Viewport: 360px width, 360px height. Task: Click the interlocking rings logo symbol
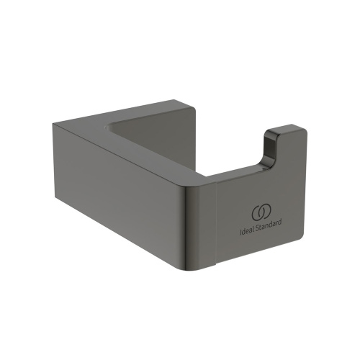[x=260, y=214]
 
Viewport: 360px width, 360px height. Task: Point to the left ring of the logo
[x=256, y=214]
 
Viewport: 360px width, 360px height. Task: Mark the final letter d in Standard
[x=280, y=232]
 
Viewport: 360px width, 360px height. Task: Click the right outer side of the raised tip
[x=302, y=155]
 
